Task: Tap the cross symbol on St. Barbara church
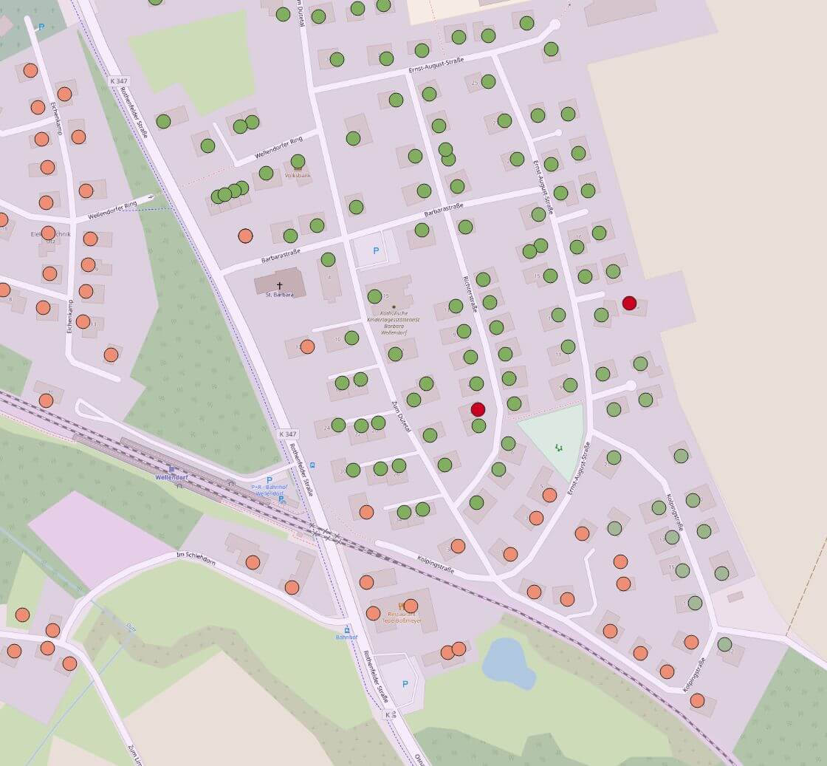280,285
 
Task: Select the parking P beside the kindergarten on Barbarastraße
376,251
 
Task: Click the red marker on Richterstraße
478,408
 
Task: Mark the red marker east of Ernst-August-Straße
629,303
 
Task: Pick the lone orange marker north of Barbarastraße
245,236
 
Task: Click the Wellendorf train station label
173,476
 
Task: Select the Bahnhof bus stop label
346,636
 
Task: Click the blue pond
507,663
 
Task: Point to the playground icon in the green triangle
559,447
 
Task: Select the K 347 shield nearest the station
287,434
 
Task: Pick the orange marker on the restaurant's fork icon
411,606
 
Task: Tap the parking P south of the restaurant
405,684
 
